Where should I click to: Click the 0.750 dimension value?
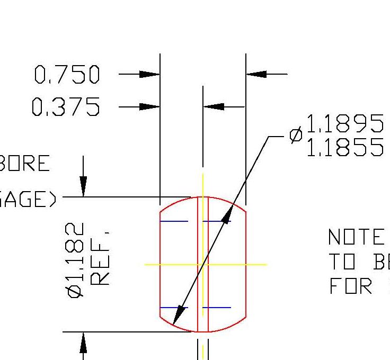67,75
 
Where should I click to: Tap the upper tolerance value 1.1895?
344,124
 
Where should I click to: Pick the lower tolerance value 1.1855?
344,148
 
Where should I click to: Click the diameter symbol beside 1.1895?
296,136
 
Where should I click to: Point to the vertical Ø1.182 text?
76,259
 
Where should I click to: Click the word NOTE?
356,238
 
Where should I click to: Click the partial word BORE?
25,164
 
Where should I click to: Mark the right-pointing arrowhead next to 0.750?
149,75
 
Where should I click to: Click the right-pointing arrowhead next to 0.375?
149,107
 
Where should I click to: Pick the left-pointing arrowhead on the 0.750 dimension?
257,75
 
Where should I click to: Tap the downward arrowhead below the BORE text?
83,186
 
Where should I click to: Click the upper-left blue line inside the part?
174,221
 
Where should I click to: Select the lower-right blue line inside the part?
217,308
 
